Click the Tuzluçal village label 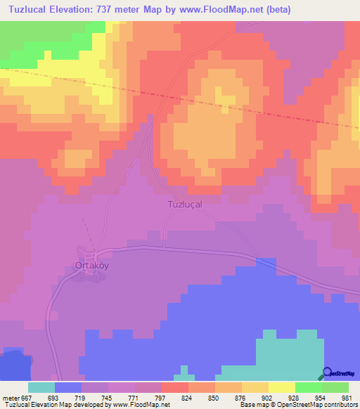click(184, 204)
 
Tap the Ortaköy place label click(91, 266)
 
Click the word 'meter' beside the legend click(9, 398)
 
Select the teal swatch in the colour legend click(41, 387)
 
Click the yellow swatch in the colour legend click(282, 387)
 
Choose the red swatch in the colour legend click(175, 387)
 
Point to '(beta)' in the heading click(274, 10)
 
